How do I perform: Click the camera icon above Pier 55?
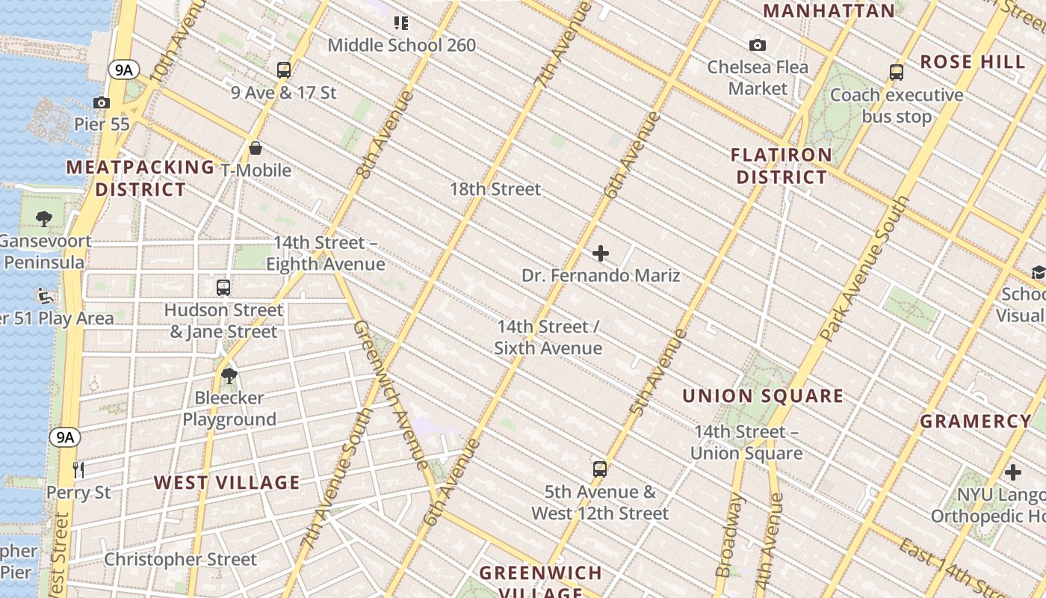pos(102,103)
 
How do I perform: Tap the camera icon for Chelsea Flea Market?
pos(758,46)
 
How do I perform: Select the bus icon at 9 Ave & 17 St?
pos(284,70)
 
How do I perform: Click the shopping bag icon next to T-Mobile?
pos(256,148)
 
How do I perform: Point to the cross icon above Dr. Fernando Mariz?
pos(601,254)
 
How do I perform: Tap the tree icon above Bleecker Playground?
pos(229,376)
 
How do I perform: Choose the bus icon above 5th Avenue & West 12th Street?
pos(600,469)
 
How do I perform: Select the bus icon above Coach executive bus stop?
pos(897,73)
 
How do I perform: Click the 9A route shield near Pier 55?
pos(124,70)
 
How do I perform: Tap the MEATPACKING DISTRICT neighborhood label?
pos(140,178)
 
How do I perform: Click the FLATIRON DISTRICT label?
pos(782,166)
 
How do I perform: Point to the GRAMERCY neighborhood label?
pos(975,422)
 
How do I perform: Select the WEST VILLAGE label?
pos(227,483)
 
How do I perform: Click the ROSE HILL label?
pos(973,62)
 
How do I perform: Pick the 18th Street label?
pos(495,189)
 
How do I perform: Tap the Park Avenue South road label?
pos(867,269)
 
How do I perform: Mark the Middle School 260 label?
pos(402,46)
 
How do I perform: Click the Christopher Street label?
pos(180,559)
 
